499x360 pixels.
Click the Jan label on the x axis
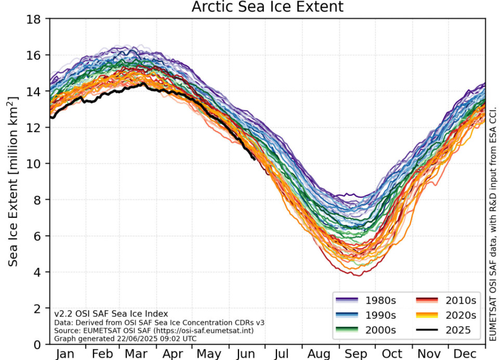pos(65,354)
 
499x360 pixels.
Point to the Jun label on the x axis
pos(246,354)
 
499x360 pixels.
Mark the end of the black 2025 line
pos(254,159)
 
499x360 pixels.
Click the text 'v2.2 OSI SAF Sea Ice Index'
pos(111,314)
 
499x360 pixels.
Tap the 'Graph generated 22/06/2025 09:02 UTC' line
pos(126,338)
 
